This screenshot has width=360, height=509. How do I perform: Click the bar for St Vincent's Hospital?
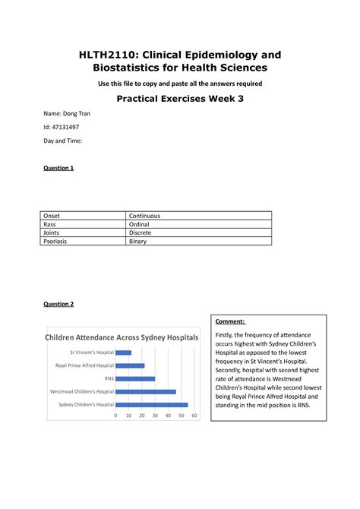(x=123, y=353)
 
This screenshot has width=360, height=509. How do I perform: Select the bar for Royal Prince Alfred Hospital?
(x=130, y=365)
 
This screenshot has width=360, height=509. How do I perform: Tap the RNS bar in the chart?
(x=135, y=378)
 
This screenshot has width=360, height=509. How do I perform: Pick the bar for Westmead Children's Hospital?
(x=146, y=391)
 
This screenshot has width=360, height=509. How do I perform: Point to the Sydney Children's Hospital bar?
(x=151, y=404)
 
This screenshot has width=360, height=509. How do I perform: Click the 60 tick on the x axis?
(x=194, y=416)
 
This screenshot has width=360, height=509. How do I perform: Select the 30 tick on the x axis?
(x=155, y=416)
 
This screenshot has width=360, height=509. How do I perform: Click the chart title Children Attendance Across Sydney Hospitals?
(x=122, y=337)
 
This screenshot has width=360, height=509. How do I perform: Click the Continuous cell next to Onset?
(x=145, y=216)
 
